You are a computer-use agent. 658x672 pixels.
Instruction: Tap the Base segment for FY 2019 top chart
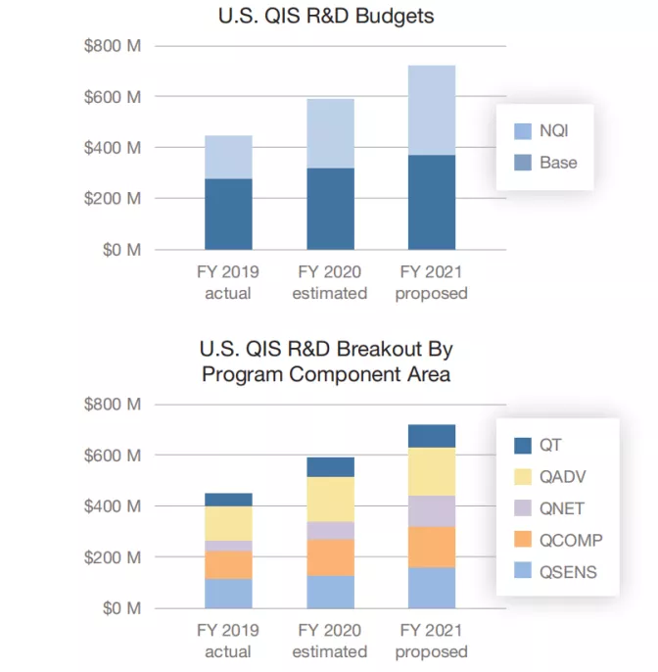(x=228, y=214)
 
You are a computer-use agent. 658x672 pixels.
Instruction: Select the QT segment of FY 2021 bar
(x=432, y=436)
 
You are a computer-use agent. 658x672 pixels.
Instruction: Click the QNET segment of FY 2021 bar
(x=432, y=511)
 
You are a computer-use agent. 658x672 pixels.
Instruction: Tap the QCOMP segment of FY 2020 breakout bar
(x=330, y=557)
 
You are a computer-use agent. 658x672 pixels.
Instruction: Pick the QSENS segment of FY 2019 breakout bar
(x=228, y=594)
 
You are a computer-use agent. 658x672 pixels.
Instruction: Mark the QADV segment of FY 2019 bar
(x=228, y=523)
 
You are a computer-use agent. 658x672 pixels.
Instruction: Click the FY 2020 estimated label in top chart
(x=330, y=282)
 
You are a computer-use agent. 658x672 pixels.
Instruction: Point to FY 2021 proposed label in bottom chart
(x=432, y=642)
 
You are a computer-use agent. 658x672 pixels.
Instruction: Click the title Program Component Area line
(x=325, y=373)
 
